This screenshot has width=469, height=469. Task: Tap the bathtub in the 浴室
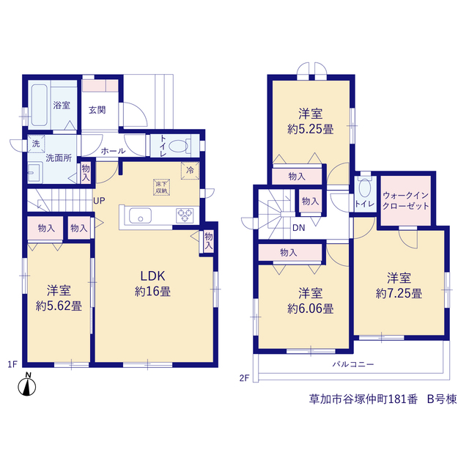pyautogui.click(x=39, y=105)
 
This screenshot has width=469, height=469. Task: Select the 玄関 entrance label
pyautogui.click(x=97, y=110)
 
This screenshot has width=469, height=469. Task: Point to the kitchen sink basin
pyautogui.click(x=140, y=215)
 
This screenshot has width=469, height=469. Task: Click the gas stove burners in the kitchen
pyautogui.click(x=185, y=215)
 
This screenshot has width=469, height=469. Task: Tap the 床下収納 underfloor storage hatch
pyautogui.click(x=161, y=188)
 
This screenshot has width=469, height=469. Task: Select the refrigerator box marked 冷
pyautogui.click(x=190, y=171)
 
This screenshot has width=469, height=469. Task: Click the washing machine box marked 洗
pyautogui.click(x=36, y=144)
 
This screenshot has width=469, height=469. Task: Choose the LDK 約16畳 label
pyautogui.click(x=153, y=284)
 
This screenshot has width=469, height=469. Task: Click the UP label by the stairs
pyautogui.click(x=99, y=201)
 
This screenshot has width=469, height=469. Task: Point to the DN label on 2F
pyautogui.click(x=298, y=228)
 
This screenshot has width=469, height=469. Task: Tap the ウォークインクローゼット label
pyautogui.click(x=405, y=201)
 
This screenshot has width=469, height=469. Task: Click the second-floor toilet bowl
pyautogui.click(x=365, y=188)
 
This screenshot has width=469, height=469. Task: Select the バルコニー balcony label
pyautogui.click(x=353, y=364)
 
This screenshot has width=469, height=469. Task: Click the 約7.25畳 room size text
pyautogui.click(x=399, y=293)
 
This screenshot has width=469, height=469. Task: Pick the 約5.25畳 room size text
pyautogui.click(x=311, y=129)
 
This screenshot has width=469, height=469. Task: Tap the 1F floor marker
pyautogui.click(x=12, y=364)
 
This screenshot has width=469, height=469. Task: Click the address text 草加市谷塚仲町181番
pyautogui.click(x=363, y=399)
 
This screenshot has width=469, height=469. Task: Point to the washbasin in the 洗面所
pyautogui.click(x=35, y=173)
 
